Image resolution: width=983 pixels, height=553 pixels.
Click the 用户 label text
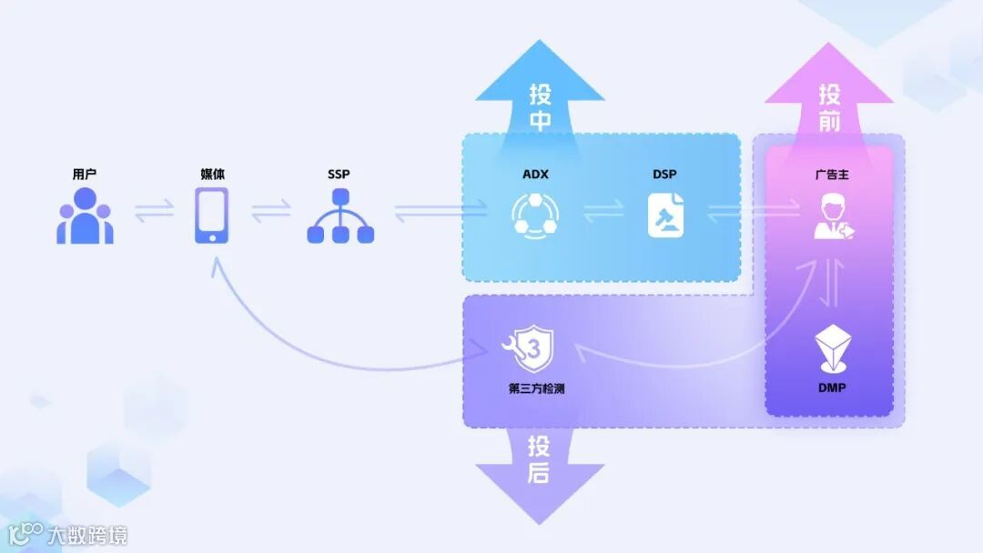tap(85, 174)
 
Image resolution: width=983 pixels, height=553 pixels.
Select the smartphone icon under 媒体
tap(212, 216)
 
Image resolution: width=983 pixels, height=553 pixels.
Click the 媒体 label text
tap(212, 174)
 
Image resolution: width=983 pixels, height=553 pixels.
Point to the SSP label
tap(339, 174)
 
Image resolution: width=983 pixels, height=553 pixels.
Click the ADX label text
tap(535, 174)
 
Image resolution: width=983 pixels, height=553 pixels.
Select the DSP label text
tap(664, 174)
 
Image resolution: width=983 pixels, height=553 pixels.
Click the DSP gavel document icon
tap(665, 216)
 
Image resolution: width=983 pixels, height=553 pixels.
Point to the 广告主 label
tap(832, 174)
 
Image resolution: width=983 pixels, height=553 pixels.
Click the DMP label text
tap(832, 388)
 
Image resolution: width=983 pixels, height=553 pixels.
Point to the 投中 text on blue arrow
tap(541, 107)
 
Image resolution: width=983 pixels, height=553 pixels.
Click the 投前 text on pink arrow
tap(829, 107)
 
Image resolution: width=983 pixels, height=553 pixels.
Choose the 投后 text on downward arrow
tap(539, 459)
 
